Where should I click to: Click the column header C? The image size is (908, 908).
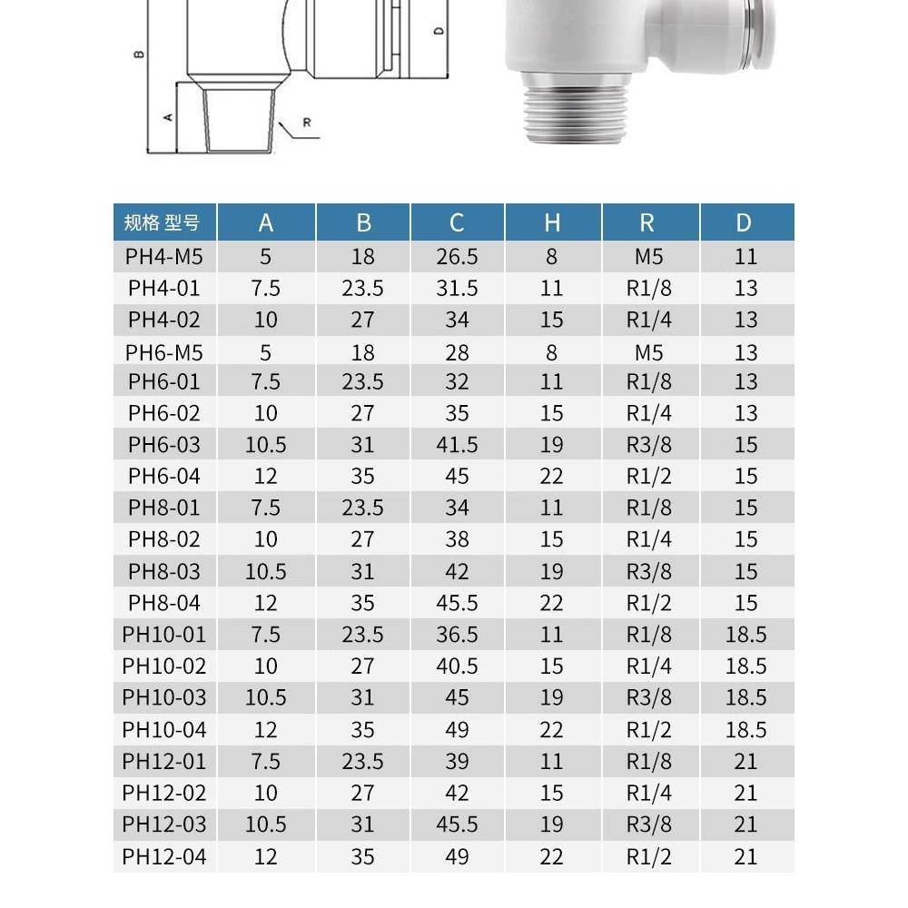pos(457,223)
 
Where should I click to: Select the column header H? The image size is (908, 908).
pos(552,223)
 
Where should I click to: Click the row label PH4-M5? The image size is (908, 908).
pos(164,257)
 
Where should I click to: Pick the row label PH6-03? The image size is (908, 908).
pos(164,444)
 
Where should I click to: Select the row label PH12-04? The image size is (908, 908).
pos(164,856)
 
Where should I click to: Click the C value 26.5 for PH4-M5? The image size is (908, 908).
pos(457,257)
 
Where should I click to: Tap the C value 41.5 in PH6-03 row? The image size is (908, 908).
pos(457,444)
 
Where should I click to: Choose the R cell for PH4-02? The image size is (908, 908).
pos(649,320)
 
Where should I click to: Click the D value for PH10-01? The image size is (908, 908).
pos(745,635)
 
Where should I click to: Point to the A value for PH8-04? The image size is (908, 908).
pos(265,603)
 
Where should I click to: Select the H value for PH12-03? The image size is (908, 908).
pos(552,824)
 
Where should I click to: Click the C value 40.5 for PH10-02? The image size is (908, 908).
pos(457,666)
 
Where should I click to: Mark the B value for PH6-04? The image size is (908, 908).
pos(362,476)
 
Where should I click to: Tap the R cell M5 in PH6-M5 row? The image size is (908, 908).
pos(649,352)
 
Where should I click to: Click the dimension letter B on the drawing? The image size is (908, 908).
pos(136,54)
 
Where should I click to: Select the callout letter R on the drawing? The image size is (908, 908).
pos(307,123)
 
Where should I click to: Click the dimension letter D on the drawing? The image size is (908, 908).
pos(439,32)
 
